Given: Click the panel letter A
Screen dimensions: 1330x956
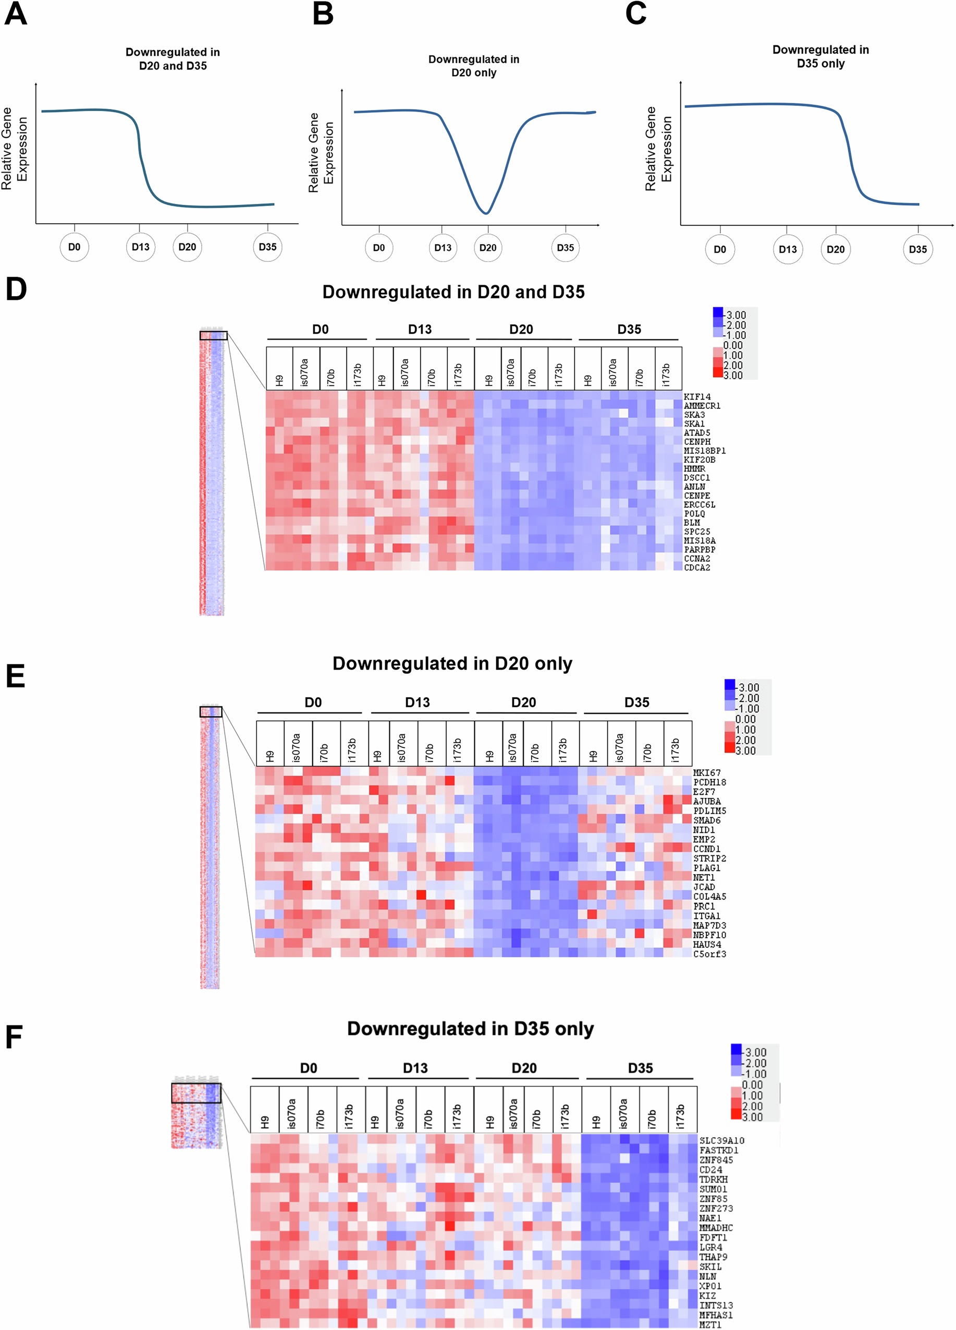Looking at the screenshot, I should [16, 14].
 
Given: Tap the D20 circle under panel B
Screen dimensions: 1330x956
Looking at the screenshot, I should [488, 247].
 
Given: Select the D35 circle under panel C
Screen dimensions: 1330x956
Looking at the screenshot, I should [917, 249].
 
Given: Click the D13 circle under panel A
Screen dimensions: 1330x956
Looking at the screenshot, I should [140, 247].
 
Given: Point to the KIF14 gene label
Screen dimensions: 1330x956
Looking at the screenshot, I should [697, 397].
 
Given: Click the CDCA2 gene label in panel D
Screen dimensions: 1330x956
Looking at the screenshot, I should [697, 567].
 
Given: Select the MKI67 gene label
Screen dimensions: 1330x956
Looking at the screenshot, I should [707, 773].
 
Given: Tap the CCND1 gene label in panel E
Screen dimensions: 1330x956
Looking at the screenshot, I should [707, 849].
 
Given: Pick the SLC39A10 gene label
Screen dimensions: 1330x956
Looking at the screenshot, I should [721, 1141].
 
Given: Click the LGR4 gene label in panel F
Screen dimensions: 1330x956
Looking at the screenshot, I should [710, 1247].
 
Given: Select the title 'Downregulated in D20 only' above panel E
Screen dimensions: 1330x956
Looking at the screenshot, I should [452, 663].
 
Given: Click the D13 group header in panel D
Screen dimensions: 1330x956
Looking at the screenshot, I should [420, 330].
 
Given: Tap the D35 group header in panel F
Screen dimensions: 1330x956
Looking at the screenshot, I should [640, 1068].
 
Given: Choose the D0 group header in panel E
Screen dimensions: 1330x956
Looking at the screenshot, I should [313, 703].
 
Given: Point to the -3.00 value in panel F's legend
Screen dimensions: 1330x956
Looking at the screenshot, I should [755, 1053].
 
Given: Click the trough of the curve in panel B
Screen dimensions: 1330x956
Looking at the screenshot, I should [486, 212].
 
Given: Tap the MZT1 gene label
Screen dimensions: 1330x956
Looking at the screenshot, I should [710, 1325].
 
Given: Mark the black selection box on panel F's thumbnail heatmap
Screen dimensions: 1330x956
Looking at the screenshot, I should [197, 1093].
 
